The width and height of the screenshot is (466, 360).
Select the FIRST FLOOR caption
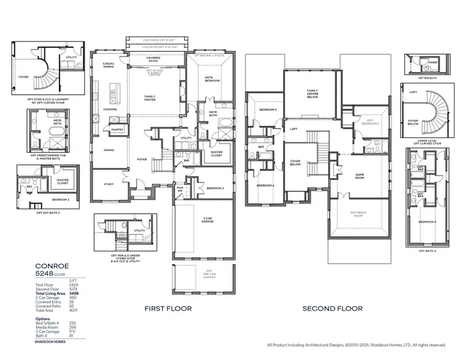(x=168, y=308)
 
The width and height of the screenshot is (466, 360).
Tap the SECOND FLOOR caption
(x=332, y=308)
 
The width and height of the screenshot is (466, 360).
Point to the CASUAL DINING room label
(x=109, y=65)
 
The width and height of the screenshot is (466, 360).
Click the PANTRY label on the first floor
(x=117, y=128)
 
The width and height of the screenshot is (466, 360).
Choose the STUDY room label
(x=109, y=184)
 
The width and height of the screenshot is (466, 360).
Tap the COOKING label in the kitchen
(x=110, y=109)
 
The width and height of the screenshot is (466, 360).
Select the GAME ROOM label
(x=359, y=177)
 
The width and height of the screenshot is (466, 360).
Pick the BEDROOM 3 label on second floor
(x=267, y=110)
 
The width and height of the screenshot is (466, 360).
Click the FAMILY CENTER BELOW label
(x=312, y=94)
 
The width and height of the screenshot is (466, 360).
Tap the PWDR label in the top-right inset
(x=432, y=62)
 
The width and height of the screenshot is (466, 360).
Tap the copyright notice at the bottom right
(x=356, y=345)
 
